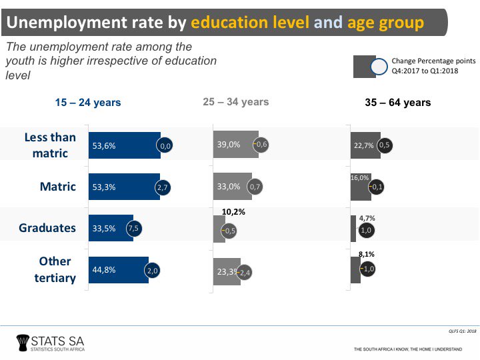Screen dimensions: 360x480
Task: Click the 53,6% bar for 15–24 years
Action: tap(124, 145)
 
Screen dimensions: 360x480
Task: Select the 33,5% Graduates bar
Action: tap(111, 228)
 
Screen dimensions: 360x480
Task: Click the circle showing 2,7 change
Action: tap(162, 187)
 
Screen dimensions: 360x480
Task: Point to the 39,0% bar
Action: tap(235, 145)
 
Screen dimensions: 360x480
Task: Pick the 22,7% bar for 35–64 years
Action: tap(365, 145)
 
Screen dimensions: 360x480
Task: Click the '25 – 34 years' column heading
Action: tap(235, 102)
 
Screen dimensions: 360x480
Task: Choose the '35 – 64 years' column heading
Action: tap(397, 103)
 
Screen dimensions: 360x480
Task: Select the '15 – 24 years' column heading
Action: tap(88, 103)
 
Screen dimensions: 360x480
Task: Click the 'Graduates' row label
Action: tap(47, 228)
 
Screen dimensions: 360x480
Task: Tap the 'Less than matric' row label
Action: tap(50, 145)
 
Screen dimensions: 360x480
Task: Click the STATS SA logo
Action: tap(50, 342)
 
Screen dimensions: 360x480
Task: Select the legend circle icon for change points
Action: tap(379, 67)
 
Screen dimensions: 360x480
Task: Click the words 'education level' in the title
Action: tap(250, 23)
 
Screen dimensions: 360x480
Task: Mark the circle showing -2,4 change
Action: tap(245, 272)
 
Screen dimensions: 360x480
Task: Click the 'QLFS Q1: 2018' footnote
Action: tap(462, 330)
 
